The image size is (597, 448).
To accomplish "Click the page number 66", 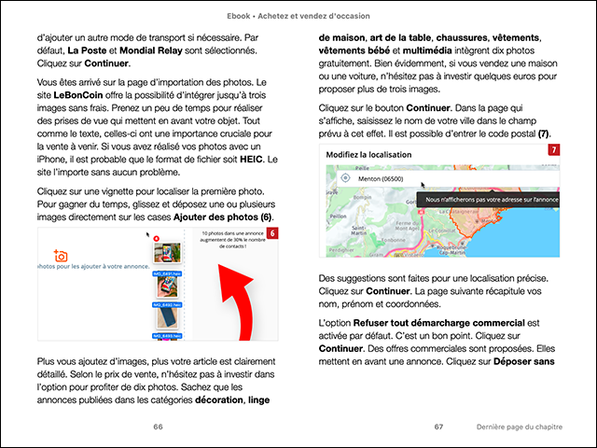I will pos(158,426).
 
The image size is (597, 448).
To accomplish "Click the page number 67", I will pos(438,426).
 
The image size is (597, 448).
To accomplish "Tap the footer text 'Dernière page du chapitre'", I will pos(519,426).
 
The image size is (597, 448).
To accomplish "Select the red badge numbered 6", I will pos(272,232).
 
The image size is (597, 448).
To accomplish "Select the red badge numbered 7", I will pos(554,149).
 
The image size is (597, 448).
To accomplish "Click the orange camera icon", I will pos(61,255).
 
